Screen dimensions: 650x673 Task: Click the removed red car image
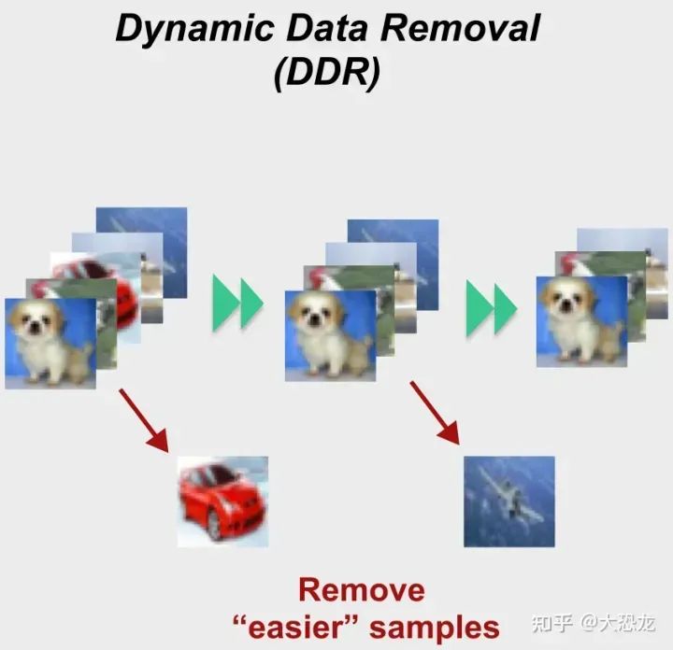pyautogui.click(x=222, y=501)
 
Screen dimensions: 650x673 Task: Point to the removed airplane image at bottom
pyautogui.click(x=509, y=501)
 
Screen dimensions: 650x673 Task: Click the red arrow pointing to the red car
pyautogui.click(x=144, y=421)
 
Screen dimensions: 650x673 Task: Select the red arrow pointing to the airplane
pyautogui.click(x=435, y=412)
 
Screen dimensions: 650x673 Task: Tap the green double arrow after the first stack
pyautogui.click(x=238, y=302)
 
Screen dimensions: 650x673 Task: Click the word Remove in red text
pyautogui.click(x=361, y=590)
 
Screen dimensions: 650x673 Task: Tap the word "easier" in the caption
pyautogui.click(x=291, y=626)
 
